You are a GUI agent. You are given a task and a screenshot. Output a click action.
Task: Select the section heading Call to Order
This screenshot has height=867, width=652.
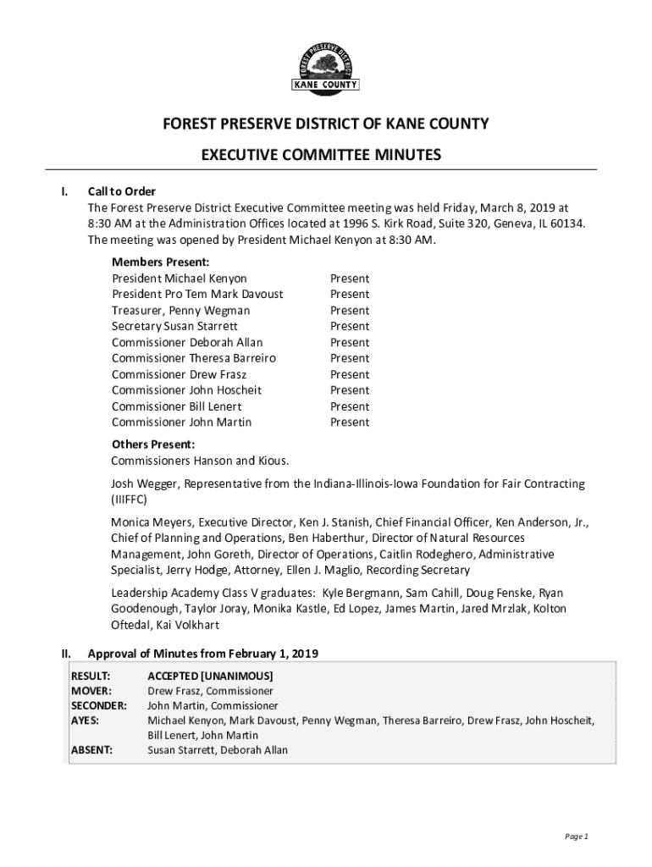pos(122,191)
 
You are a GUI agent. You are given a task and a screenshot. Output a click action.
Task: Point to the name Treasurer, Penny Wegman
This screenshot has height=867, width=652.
pos(180,311)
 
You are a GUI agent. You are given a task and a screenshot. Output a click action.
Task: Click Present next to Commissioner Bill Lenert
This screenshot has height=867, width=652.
pos(350,406)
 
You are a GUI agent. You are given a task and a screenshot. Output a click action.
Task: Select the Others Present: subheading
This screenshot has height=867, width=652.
pos(153,445)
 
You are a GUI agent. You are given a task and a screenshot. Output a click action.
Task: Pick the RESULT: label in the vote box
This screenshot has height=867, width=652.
pos(91,676)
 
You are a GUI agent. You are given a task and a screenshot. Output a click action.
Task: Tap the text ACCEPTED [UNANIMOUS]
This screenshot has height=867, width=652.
pos(210,676)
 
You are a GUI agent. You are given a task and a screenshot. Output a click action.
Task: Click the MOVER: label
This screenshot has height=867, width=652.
pos(91,691)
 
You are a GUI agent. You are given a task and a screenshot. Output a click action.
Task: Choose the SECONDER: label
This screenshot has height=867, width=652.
pos(98,705)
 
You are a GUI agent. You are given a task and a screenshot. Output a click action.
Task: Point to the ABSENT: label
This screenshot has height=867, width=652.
pos(91,750)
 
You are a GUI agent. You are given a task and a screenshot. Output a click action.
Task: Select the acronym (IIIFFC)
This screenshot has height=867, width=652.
pos(133,500)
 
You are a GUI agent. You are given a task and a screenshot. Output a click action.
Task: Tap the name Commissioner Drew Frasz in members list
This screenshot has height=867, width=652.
pos(179,374)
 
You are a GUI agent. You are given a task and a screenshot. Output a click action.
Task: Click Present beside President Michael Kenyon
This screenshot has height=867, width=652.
pos(350,279)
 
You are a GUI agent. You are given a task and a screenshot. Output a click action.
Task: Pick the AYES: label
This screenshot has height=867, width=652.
pos(85,721)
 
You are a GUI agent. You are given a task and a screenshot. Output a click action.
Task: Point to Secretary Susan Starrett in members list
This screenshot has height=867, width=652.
pos(174,326)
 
